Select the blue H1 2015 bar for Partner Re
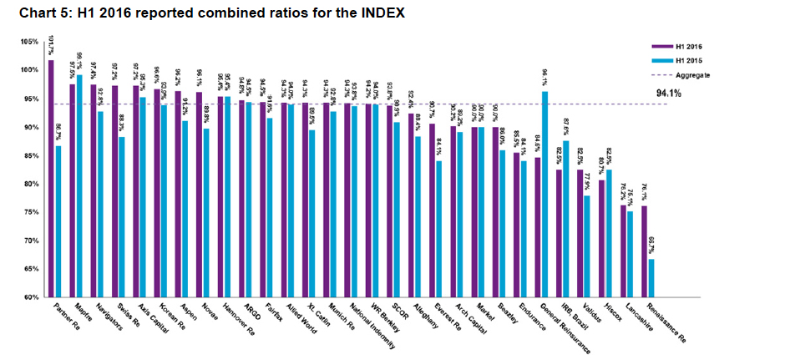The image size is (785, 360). click(58, 221)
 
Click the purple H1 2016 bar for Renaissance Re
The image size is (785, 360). click(644, 251)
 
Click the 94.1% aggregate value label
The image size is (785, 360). click(669, 93)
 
